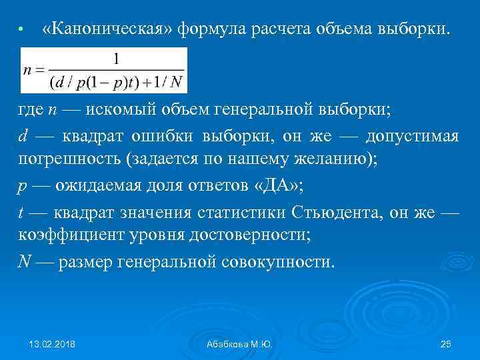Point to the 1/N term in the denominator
[x=170, y=83]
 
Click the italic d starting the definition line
[x=22, y=137]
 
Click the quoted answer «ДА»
[x=278, y=186]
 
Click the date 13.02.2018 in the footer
[x=53, y=343]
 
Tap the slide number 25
[x=446, y=343]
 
